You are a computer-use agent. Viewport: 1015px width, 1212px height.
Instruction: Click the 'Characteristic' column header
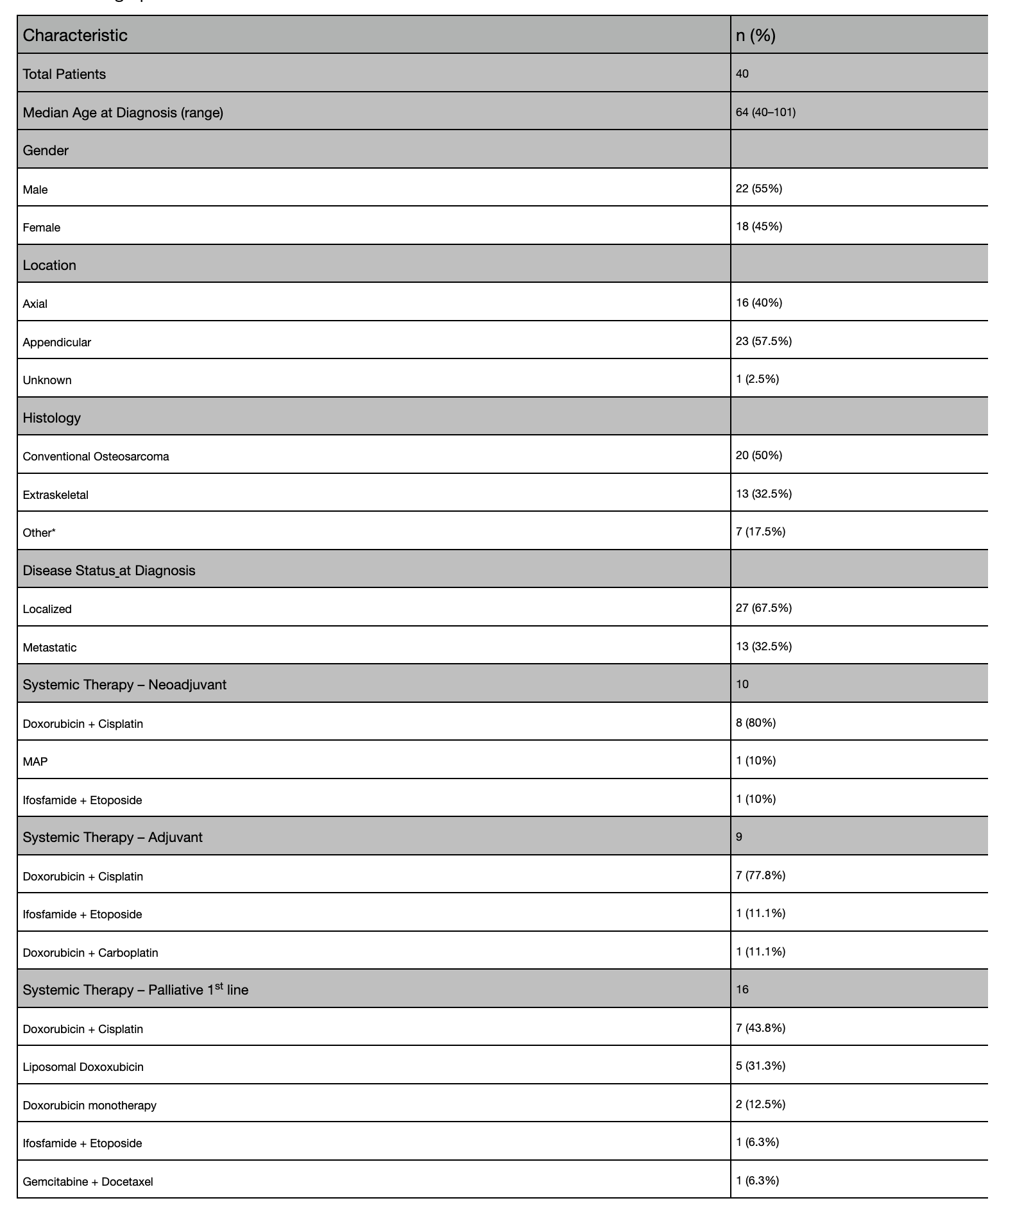point(75,35)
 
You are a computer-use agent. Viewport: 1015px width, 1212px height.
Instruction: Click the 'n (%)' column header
point(755,35)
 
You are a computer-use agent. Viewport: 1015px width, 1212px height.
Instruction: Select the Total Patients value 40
point(742,74)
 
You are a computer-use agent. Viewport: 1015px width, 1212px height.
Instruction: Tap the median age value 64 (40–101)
point(765,112)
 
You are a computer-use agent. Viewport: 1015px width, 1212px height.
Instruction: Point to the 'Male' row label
point(35,190)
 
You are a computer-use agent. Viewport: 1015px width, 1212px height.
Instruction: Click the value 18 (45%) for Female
point(759,226)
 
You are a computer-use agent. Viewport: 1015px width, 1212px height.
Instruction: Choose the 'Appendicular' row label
point(57,342)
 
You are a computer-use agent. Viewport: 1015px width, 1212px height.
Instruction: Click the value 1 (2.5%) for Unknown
point(757,379)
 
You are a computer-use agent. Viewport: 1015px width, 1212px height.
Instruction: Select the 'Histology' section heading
point(52,418)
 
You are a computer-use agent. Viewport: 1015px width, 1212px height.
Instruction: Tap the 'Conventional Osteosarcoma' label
point(96,457)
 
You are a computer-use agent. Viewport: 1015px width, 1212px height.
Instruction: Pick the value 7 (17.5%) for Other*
point(760,532)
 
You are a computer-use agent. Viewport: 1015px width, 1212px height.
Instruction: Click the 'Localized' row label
point(47,609)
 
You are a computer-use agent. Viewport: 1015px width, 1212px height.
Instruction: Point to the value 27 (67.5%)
point(763,608)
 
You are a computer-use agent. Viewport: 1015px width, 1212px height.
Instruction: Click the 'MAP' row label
point(35,762)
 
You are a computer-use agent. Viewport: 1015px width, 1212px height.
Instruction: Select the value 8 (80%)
point(756,723)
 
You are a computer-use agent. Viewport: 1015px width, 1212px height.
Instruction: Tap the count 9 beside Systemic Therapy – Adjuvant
point(739,837)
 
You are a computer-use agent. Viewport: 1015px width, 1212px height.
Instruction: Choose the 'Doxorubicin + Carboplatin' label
point(90,953)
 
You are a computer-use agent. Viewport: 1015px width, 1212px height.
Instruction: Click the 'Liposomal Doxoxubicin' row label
point(83,1067)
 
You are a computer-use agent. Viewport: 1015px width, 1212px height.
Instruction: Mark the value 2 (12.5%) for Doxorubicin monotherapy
point(760,1104)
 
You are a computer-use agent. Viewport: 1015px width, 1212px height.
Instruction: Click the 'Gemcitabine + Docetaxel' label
point(88,1182)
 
